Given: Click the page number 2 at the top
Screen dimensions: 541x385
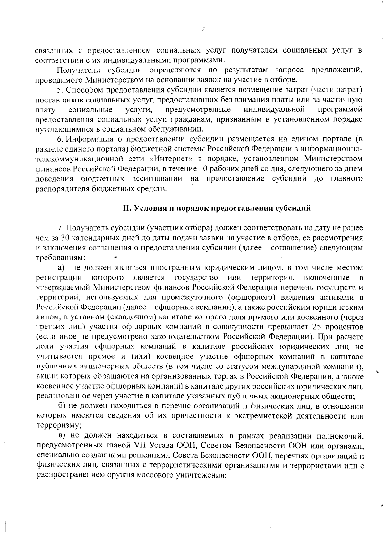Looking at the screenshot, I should click(203, 29).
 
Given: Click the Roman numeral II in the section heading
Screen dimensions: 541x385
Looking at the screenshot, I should click(126, 208).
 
